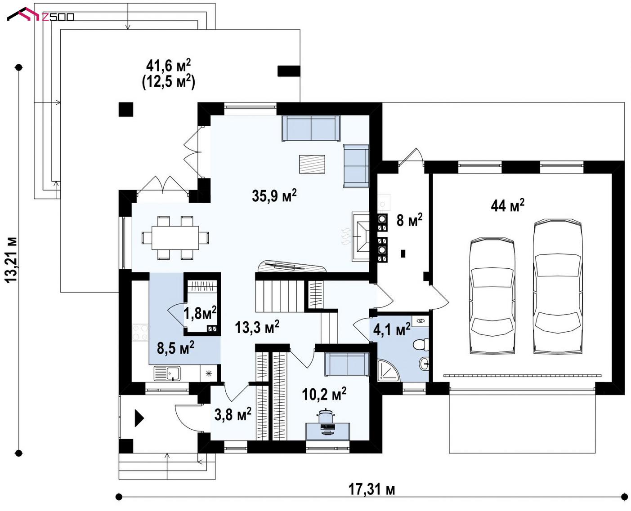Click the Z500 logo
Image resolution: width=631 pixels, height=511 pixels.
coord(40,15)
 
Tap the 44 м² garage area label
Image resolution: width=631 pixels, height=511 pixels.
coord(507,205)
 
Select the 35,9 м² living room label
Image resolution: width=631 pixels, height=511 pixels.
coord(274,196)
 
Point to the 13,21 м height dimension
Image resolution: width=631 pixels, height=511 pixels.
coord(12,260)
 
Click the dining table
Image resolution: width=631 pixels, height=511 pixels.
coord(175,238)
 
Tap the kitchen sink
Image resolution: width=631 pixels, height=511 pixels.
coord(167,373)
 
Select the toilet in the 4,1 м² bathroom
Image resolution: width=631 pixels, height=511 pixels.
coord(421,345)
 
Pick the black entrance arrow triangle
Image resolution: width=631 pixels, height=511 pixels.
coord(139,418)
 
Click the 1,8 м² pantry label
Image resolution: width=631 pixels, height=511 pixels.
coord(200,313)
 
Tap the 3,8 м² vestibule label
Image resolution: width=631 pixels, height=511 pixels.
coord(233,414)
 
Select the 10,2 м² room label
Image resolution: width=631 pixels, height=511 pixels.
coord(324,394)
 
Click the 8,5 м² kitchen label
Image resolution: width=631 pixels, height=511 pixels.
coord(175,347)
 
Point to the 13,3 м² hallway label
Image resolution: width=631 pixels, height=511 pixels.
coord(257,327)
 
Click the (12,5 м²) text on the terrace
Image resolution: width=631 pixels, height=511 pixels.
coord(168,82)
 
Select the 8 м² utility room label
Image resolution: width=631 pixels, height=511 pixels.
coord(409,220)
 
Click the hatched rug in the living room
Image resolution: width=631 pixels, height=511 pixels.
coord(312,164)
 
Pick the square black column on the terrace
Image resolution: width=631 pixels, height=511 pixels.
coord(126,109)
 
